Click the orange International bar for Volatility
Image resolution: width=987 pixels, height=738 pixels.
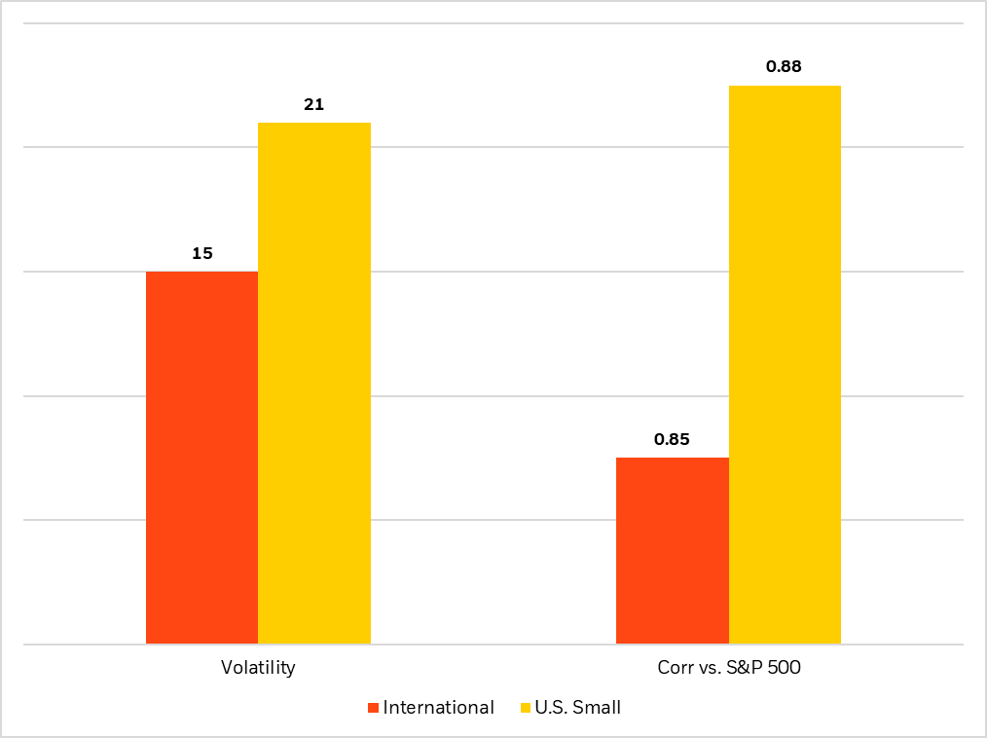pyautogui.click(x=201, y=458)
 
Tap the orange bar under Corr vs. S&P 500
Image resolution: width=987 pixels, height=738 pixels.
pyautogui.click(x=673, y=550)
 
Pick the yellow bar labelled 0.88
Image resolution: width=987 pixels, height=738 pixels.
pyautogui.click(x=785, y=364)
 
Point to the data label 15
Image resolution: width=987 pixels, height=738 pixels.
pyautogui.click(x=201, y=253)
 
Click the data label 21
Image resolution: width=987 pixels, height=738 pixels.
pyautogui.click(x=313, y=104)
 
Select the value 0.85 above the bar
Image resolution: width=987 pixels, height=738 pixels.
pyautogui.click(x=672, y=439)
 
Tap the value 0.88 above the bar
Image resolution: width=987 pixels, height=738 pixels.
pyautogui.click(x=785, y=67)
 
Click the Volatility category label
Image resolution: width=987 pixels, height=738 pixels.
pyautogui.click(x=257, y=668)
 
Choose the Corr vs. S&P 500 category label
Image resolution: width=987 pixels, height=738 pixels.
pyautogui.click(x=728, y=668)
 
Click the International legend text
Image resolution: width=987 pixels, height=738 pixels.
pyautogui.click(x=438, y=708)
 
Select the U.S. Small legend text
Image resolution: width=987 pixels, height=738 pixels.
pyautogui.click(x=578, y=708)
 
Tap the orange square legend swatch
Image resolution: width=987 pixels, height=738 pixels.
pyautogui.click(x=373, y=708)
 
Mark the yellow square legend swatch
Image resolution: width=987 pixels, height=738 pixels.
pyautogui.click(x=526, y=708)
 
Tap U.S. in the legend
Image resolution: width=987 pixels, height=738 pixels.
pyautogui.click(x=552, y=708)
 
